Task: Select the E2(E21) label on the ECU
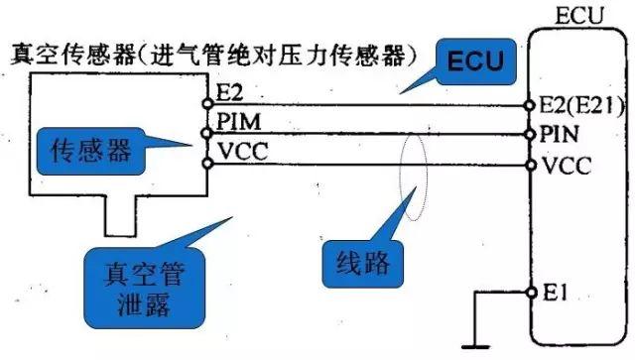(x=577, y=104)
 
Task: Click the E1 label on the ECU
(x=554, y=292)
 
